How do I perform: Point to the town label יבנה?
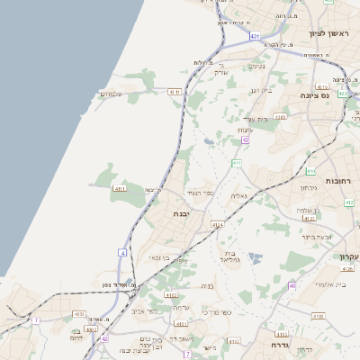183,215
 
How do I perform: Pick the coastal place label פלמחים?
110,94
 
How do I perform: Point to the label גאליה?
238,195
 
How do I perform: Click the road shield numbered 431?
256,36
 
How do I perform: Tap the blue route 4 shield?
122,253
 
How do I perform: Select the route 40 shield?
292,285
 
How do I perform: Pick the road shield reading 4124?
217,225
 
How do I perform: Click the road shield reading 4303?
281,116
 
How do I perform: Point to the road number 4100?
318,316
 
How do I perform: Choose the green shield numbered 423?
343,93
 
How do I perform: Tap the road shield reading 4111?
120,189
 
